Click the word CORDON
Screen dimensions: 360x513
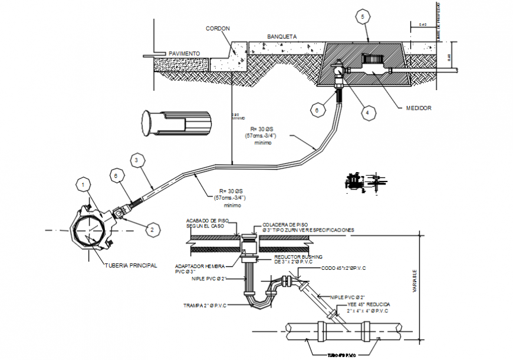[218, 28]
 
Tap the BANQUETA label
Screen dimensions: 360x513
[281, 37]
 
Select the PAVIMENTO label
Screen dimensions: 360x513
[184, 54]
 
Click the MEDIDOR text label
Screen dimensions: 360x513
[419, 108]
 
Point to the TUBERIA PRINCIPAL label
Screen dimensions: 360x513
[131, 266]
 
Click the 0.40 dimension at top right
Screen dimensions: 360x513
[422, 25]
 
